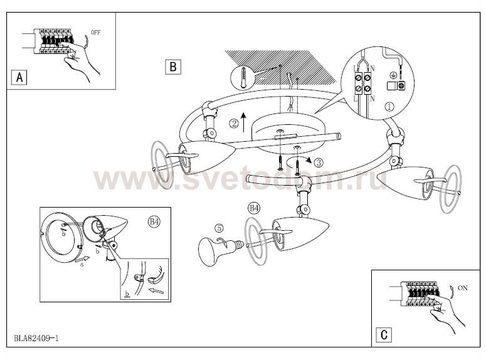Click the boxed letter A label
[x=19, y=77]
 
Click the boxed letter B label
[x=173, y=67]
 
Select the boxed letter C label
[x=384, y=335]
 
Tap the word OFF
[x=96, y=33]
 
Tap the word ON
[x=462, y=288]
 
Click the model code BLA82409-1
[x=36, y=338]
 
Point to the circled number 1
[x=389, y=107]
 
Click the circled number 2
[x=234, y=124]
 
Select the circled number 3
[x=319, y=162]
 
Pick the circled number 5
[x=219, y=228]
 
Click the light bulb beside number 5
[x=219, y=249]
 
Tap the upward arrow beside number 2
[x=243, y=122]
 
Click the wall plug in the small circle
[x=243, y=77]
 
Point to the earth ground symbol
[x=393, y=75]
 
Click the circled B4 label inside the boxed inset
[x=154, y=221]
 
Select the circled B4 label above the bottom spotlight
[x=254, y=208]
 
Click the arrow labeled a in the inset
[x=82, y=259]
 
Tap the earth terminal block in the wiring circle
[x=396, y=86]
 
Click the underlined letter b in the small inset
[x=127, y=294]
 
